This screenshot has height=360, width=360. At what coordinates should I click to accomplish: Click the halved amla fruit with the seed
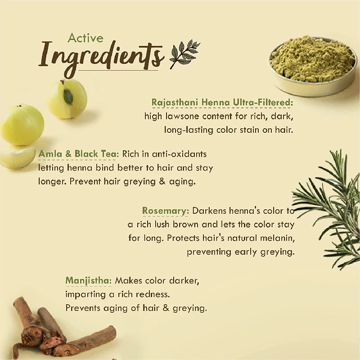pos(67,99)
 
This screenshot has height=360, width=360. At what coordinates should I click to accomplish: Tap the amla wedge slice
pos(17,157)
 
